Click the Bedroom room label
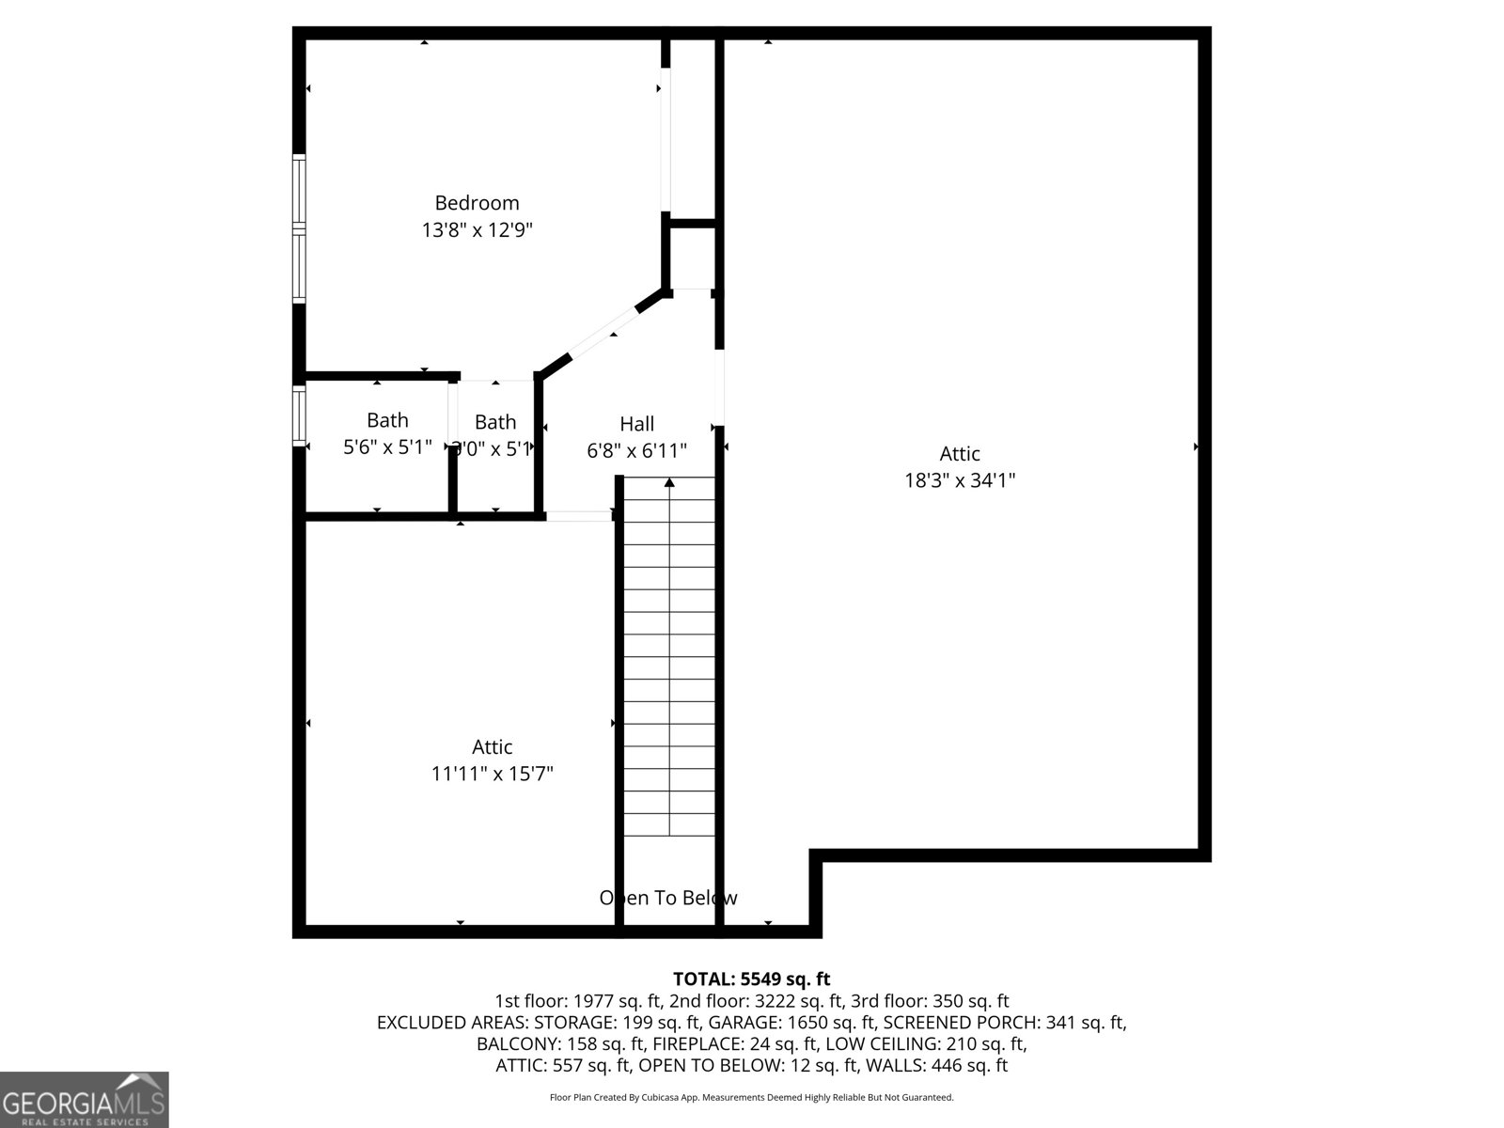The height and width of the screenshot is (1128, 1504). pyautogui.click(x=477, y=203)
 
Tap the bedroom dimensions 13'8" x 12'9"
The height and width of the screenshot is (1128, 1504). pyautogui.click(x=477, y=229)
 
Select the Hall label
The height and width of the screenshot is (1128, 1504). pyautogui.click(x=636, y=424)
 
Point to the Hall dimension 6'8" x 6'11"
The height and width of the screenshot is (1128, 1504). pyautogui.click(x=636, y=450)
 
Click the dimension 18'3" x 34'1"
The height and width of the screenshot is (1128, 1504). pyautogui.click(x=960, y=480)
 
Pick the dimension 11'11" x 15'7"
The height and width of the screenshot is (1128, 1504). pyautogui.click(x=492, y=774)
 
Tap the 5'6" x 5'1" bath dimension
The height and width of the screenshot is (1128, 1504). pyautogui.click(x=387, y=447)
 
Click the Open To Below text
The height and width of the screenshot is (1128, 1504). pyautogui.click(x=668, y=898)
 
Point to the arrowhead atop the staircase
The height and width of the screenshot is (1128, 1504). pyautogui.click(x=669, y=483)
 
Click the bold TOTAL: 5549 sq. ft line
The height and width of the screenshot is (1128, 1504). pyautogui.click(x=752, y=979)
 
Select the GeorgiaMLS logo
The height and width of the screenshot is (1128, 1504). pyautogui.click(x=85, y=1100)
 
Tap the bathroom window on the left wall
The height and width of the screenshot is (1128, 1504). pyautogui.click(x=299, y=415)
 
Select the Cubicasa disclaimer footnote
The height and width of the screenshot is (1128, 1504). pyautogui.click(x=752, y=1097)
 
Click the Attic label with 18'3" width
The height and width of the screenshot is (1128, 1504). pyautogui.click(x=960, y=453)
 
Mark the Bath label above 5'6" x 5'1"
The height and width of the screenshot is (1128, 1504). pyautogui.click(x=387, y=420)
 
